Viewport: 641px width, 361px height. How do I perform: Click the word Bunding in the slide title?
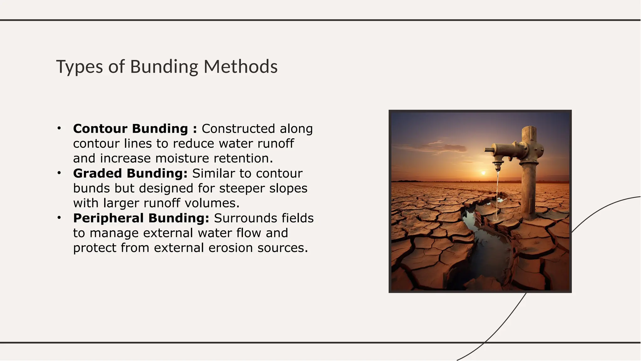click(x=164, y=67)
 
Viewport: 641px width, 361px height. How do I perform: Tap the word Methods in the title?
click(x=240, y=67)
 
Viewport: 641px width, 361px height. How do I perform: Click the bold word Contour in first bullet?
click(x=100, y=129)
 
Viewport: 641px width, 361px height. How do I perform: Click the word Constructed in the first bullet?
click(x=238, y=129)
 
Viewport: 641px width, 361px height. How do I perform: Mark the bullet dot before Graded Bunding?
click(x=59, y=173)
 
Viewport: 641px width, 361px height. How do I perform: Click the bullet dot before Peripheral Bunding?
click(x=59, y=218)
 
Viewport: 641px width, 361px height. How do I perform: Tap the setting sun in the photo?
click(x=483, y=173)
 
